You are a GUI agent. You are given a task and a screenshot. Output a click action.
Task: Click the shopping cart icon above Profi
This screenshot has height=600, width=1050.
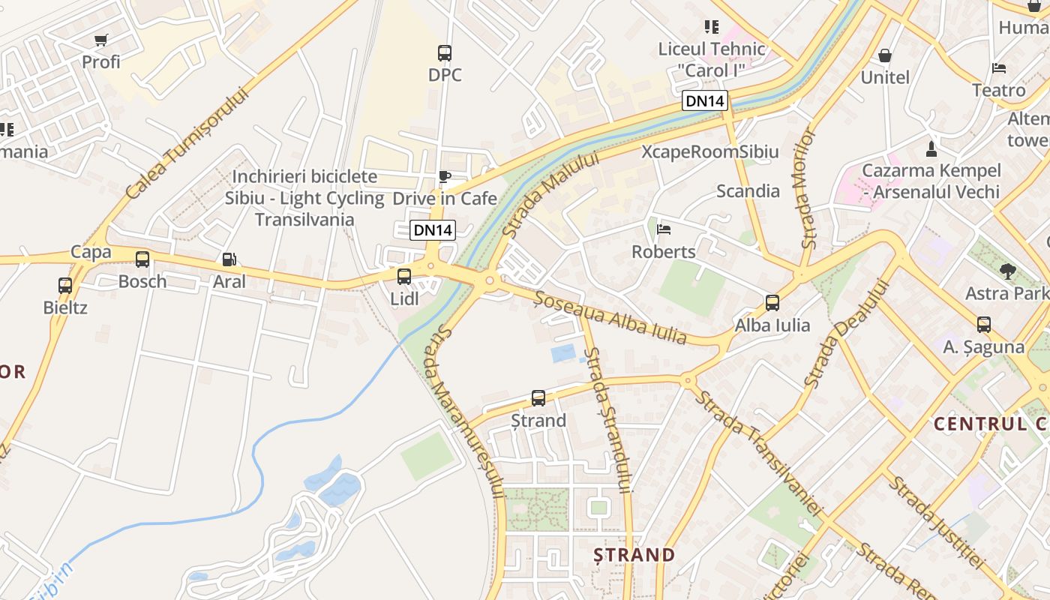(101, 40)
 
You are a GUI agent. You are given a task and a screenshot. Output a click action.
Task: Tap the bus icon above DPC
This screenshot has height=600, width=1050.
(445, 53)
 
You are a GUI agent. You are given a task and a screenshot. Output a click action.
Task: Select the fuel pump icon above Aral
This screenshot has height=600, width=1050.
(229, 259)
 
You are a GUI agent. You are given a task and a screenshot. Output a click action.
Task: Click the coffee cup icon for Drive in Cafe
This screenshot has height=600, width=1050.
(445, 177)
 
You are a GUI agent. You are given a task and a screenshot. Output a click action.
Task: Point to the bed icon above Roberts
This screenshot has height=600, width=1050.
(664, 229)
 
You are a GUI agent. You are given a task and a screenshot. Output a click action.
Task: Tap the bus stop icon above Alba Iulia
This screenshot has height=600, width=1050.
(772, 303)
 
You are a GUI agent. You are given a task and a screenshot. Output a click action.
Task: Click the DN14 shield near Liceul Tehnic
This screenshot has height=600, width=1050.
(705, 100)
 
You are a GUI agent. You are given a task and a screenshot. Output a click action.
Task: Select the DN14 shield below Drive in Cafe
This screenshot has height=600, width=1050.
(433, 230)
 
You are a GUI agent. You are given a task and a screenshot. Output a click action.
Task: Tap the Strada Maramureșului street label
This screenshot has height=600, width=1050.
(463, 412)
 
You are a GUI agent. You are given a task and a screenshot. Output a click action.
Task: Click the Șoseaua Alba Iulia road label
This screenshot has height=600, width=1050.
(610, 317)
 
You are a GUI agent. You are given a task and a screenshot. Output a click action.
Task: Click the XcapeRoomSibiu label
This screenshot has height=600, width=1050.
(710, 151)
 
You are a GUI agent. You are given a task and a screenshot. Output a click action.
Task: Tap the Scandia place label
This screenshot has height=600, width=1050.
(748, 190)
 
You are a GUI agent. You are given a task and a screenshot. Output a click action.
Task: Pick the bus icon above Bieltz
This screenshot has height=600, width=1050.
(65, 286)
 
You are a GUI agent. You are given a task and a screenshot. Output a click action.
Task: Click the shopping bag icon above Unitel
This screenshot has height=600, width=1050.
(885, 55)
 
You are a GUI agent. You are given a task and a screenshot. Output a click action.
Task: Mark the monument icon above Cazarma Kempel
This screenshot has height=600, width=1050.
(931, 148)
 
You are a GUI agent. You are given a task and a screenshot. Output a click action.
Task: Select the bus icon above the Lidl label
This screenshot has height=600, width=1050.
(404, 277)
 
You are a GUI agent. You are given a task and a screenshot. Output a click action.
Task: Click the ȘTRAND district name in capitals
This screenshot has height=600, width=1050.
(634, 555)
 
